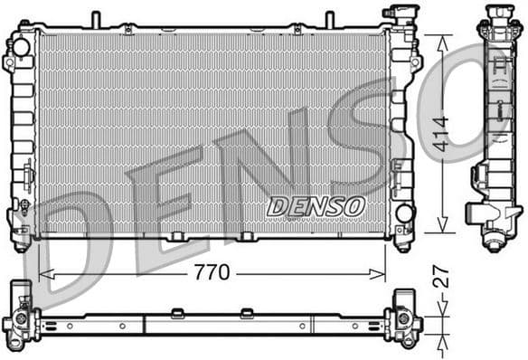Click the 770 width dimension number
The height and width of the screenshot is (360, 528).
click(212, 271)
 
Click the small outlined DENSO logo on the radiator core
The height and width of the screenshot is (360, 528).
click(316, 206)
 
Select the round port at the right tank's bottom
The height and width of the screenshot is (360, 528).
click(403, 214)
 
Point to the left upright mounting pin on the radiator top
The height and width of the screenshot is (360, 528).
click(95, 18)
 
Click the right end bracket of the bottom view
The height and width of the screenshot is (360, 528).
click(401, 317)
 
